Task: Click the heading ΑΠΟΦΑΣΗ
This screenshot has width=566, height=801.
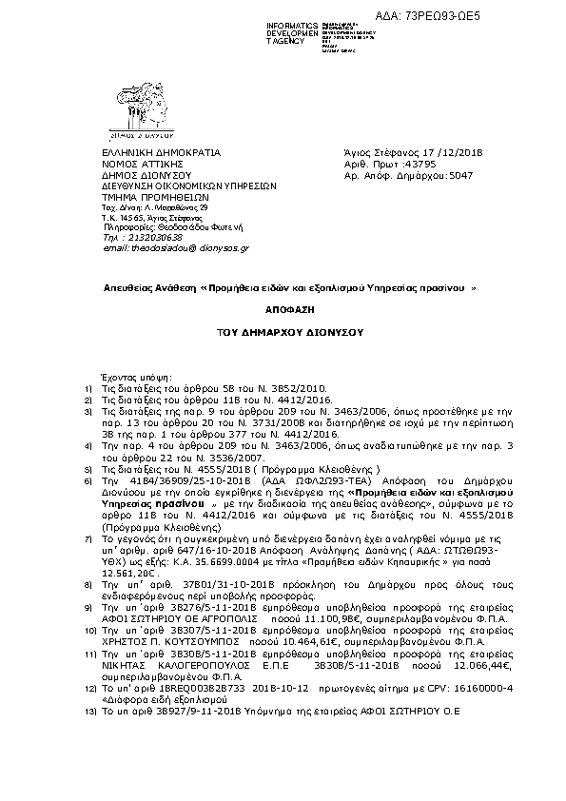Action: tap(283, 310)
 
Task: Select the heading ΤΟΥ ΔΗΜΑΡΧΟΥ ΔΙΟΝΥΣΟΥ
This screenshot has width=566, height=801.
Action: tap(283, 334)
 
